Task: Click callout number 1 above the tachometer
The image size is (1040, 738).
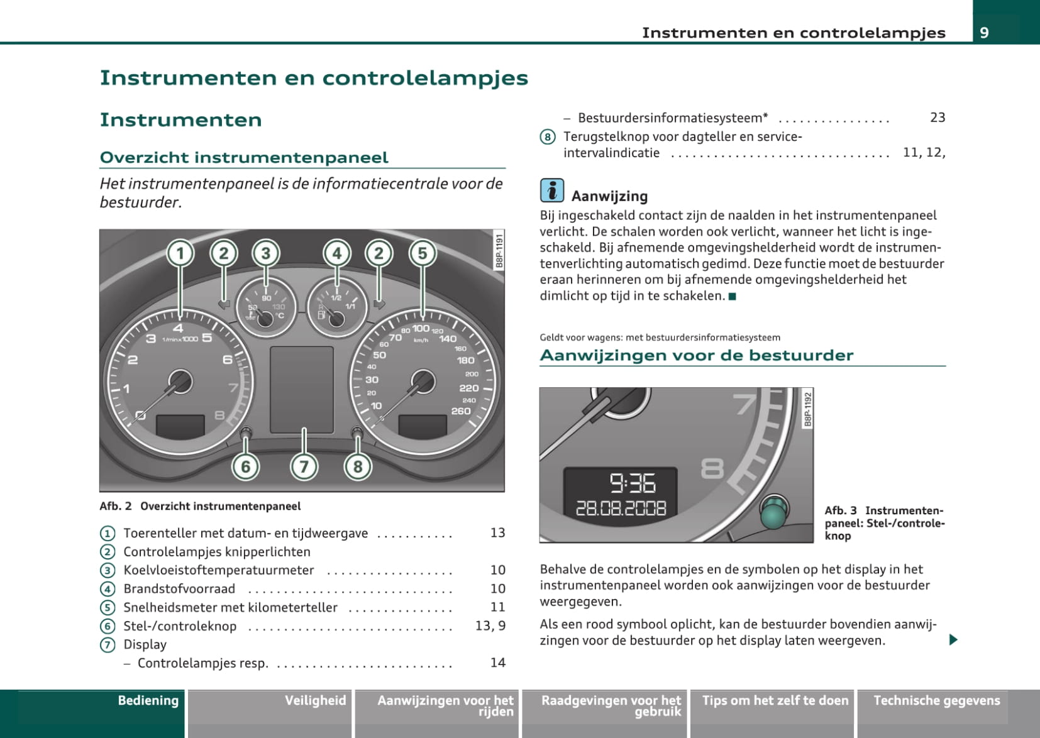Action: point(180,253)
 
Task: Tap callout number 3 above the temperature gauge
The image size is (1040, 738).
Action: point(266,253)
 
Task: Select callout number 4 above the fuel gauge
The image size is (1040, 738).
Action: point(337,253)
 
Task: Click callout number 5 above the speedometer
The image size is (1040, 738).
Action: point(423,253)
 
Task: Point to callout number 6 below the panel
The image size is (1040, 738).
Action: point(246,466)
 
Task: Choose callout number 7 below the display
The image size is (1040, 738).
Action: point(304,466)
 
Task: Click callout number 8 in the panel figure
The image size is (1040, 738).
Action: point(358,466)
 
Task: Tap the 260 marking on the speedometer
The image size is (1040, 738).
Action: point(461,411)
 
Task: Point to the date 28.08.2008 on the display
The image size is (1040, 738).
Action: point(621,508)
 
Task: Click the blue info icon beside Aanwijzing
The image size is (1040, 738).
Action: point(551,190)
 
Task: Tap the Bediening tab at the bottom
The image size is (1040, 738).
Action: point(148,701)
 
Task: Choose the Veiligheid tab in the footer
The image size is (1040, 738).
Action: point(315,701)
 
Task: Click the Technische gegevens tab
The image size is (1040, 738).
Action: point(936,701)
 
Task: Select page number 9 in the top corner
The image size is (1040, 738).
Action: point(984,33)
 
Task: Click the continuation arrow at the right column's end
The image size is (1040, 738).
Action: point(953,640)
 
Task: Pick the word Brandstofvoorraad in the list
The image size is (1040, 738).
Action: point(179,589)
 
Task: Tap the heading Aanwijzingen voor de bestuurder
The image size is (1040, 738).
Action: point(696,355)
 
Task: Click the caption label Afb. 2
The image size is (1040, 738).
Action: point(116,507)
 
